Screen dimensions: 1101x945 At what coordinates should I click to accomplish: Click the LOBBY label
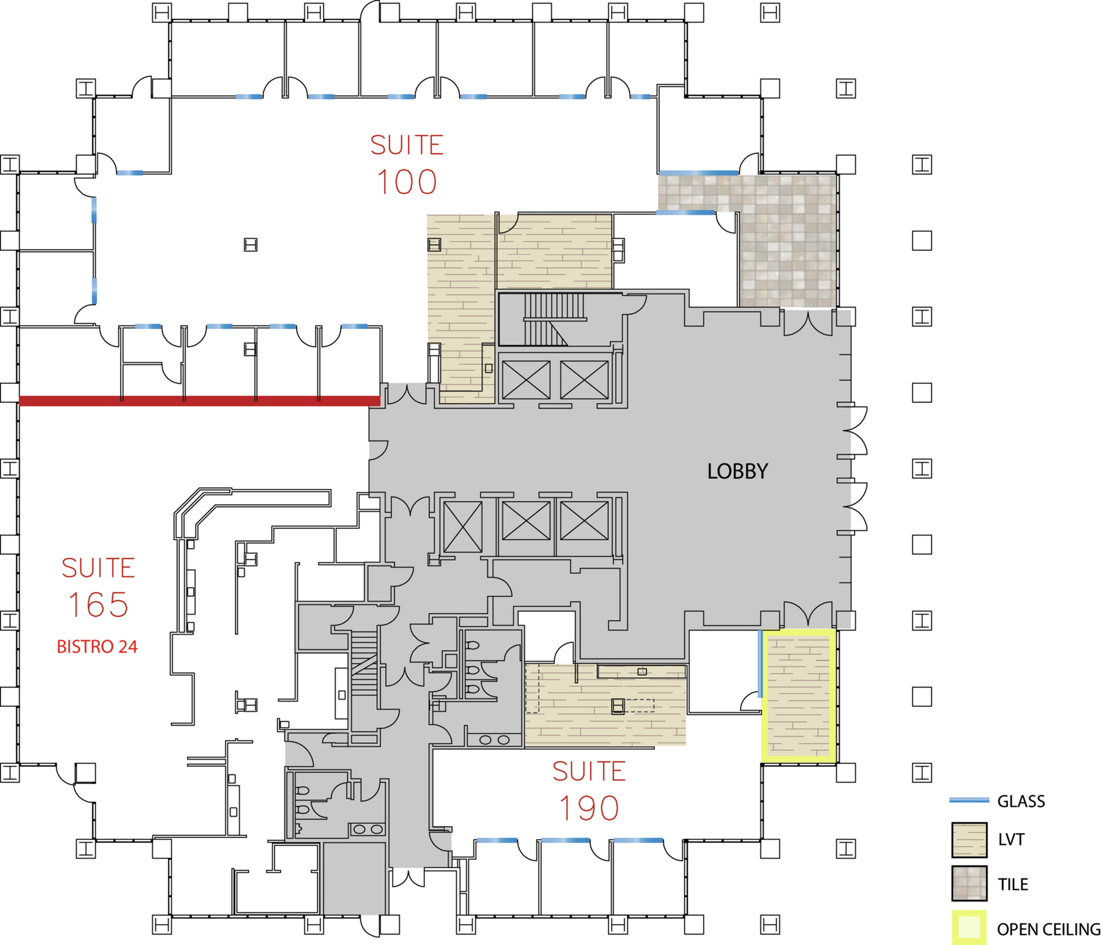click(x=737, y=471)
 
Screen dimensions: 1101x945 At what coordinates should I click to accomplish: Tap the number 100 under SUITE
click(x=407, y=182)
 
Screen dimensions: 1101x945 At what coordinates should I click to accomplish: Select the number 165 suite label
click(x=98, y=605)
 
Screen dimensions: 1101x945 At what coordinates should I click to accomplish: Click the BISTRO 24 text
click(x=97, y=647)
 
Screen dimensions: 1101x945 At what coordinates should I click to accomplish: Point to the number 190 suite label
click(x=589, y=808)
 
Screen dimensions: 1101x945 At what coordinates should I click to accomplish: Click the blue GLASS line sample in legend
click(x=969, y=800)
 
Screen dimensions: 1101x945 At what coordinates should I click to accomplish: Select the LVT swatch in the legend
click(x=969, y=840)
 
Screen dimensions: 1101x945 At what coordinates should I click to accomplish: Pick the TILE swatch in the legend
click(x=969, y=883)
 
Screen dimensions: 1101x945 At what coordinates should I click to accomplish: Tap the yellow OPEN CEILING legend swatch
click(x=969, y=928)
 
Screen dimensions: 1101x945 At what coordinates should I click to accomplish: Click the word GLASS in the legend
click(x=1021, y=801)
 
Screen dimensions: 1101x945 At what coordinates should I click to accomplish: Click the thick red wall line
click(x=199, y=401)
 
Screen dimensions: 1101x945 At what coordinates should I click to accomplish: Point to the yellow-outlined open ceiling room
click(x=799, y=696)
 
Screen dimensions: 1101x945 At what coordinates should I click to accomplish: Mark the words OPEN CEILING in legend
click(x=1048, y=930)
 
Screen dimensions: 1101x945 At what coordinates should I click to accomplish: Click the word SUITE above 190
click(x=589, y=771)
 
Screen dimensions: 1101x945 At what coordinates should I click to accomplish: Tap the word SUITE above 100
click(x=407, y=146)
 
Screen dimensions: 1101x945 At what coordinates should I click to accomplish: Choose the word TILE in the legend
click(x=1013, y=884)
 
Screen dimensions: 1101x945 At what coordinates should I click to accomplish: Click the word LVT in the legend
click(x=1011, y=840)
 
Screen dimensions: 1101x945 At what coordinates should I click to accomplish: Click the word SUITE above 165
click(x=98, y=568)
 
